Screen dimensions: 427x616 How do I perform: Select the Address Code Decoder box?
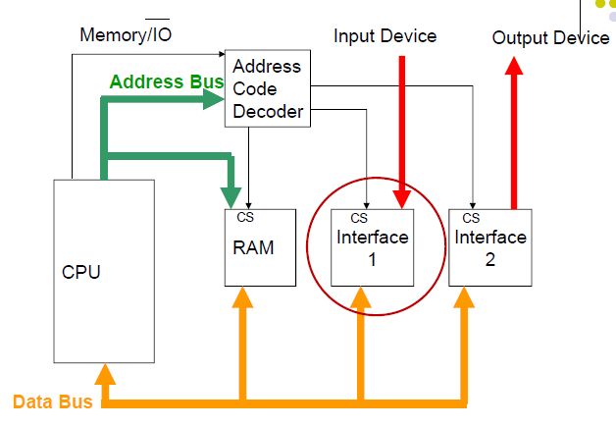coord(267,88)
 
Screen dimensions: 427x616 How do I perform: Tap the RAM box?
coord(259,247)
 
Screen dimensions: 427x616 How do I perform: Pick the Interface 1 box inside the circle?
coord(373,247)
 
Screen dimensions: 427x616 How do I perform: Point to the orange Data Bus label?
coord(53,401)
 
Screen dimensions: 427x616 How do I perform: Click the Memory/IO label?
coord(127,36)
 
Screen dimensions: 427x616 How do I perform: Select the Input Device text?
coord(385,36)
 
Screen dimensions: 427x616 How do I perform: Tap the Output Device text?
coord(550,37)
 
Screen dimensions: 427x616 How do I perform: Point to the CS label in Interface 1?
coord(359,217)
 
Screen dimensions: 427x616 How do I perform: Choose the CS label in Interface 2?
coord(471,217)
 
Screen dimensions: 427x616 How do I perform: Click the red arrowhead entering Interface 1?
coord(402,199)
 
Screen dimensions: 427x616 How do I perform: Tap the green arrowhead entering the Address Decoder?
coord(217,98)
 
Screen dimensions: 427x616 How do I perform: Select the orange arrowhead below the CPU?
coord(104,373)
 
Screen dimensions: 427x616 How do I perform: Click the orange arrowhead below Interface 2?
coord(464,297)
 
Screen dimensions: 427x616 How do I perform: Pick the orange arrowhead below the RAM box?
coord(242,297)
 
